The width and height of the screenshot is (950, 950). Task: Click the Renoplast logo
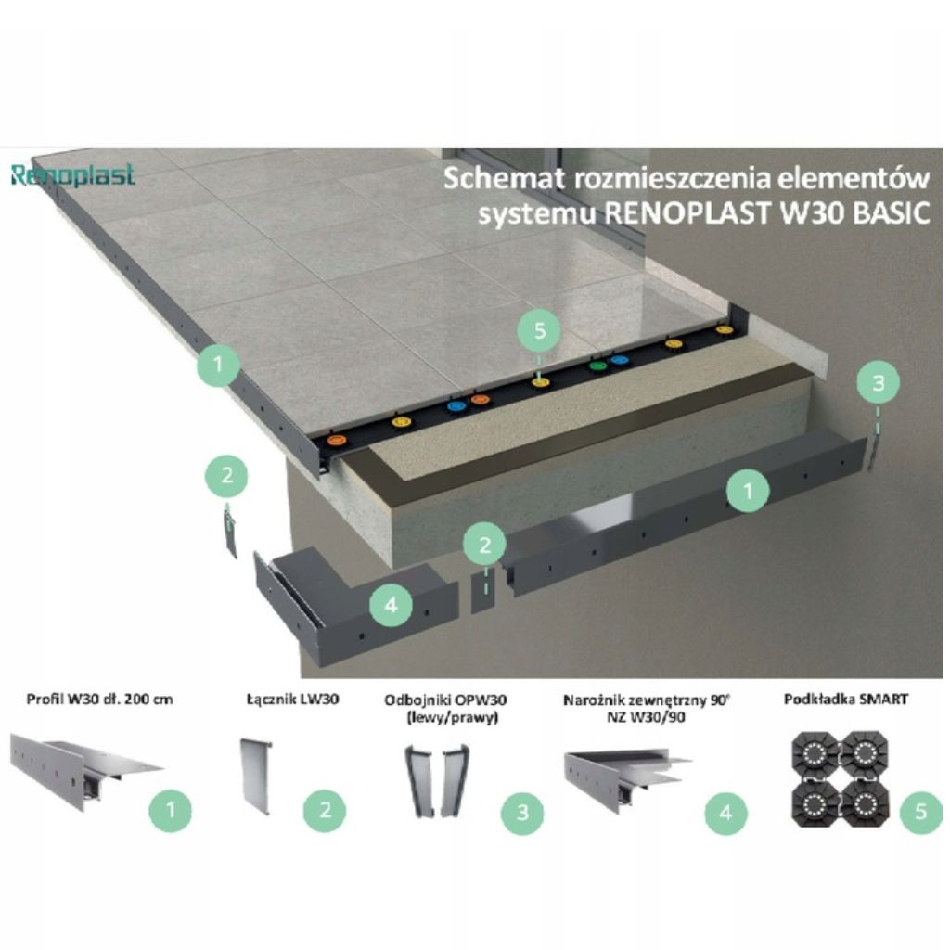pyautogui.click(x=72, y=175)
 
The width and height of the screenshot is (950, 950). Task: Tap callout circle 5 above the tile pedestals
pyautogui.click(x=540, y=331)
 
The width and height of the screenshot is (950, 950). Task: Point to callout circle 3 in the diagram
pyautogui.click(x=879, y=382)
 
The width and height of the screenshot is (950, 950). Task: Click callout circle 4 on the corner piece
pyautogui.click(x=392, y=604)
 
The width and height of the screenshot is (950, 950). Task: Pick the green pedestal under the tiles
pyautogui.click(x=597, y=366)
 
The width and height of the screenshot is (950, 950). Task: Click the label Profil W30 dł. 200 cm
pyautogui.click(x=99, y=700)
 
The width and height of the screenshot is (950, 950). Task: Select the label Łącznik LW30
pyautogui.click(x=292, y=700)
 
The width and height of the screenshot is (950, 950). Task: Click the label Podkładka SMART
pyautogui.click(x=846, y=700)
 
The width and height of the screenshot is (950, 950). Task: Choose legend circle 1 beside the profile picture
pyautogui.click(x=171, y=810)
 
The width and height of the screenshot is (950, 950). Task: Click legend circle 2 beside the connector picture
pyautogui.click(x=325, y=810)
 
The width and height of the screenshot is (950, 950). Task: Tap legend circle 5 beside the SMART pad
pyautogui.click(x=921, y=812)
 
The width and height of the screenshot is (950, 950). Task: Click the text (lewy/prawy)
pyautogui.click(x=453, y=718)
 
